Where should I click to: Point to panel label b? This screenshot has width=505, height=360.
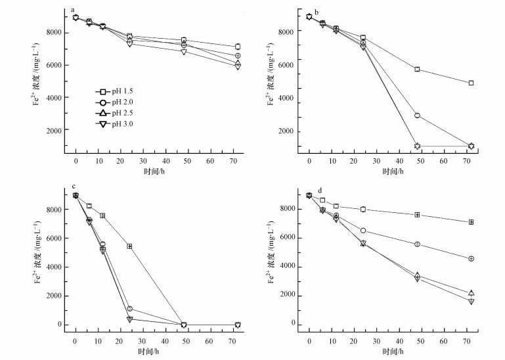coord(317,12)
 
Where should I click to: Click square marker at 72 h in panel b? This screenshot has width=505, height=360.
coord(471,83)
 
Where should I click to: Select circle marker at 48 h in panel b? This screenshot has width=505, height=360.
coord(417,116)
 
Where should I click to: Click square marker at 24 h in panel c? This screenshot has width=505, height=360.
coord(129,246)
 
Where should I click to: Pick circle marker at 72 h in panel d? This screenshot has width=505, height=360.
coord(471,259)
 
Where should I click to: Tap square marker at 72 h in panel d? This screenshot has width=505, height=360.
coord(471,222)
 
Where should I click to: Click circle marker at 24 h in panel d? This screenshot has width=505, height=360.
coord(363,231)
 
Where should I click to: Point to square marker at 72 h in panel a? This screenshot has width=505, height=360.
coord(237,47)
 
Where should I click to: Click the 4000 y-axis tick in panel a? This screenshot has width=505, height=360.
coord(55,98)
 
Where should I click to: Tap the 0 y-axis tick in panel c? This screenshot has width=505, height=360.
coord(60,325)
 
